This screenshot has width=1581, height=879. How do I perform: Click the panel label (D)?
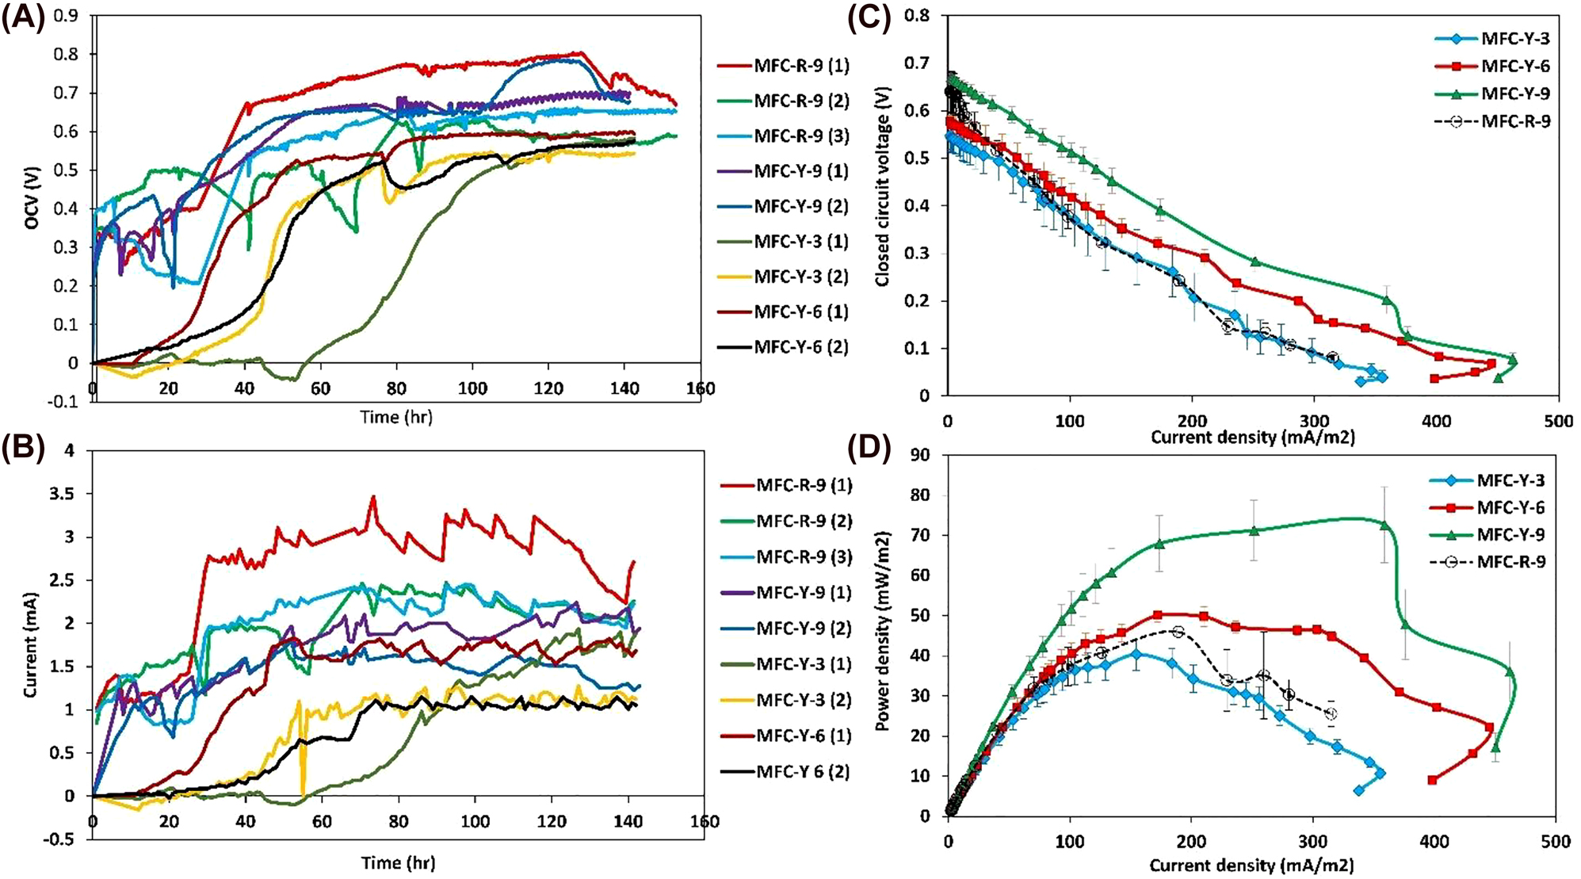pyautogui.click(x=869, y=449)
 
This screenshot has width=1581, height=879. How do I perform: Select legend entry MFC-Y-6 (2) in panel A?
pyautogui.click(x=800, y=346)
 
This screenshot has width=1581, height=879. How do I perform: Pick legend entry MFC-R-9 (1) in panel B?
pyautogui.click(x=804, y=484)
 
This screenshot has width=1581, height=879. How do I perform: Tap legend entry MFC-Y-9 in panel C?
pyautogui.click(x=1514, y=94)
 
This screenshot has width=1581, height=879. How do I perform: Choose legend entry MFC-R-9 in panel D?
pyautogui.click(x=1510, y=562)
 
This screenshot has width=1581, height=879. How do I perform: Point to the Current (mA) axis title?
pyautogui.click(x=31, y=644)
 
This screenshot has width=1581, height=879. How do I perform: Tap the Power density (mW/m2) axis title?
pyautogui.click(x=882, y=631)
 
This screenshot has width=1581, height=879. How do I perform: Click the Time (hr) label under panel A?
pyautogui.click(x=396, y=417)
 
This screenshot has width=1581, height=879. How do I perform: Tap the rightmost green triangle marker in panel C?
pyautogui.click(x=1512, y=361)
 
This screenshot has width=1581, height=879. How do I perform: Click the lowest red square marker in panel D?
pyautogui.click(x=1432, y=780)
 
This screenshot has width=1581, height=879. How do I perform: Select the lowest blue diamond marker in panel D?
pyautogui.click(x=1359, y=790)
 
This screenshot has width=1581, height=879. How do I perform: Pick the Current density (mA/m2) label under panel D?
pyautogui.click(x=1251, y=865)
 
